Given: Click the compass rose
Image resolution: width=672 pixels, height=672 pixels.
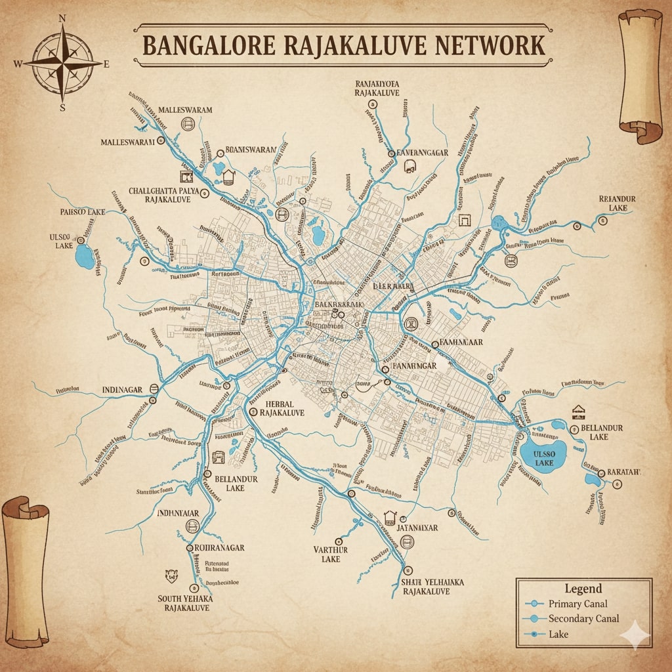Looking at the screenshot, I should tap(62, 63).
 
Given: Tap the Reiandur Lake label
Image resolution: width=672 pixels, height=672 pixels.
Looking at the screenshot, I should tap(618, 203).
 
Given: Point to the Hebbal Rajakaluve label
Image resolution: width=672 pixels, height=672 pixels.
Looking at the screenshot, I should tap(282, 408).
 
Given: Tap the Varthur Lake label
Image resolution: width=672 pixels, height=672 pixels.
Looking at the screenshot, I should tap(331, 554).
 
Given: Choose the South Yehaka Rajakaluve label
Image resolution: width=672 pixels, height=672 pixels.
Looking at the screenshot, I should tap(184, 603).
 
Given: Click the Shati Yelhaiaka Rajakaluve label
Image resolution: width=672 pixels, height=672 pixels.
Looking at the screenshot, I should tap(432, 586).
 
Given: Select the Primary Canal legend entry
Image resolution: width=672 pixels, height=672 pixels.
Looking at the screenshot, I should tap(577, 604).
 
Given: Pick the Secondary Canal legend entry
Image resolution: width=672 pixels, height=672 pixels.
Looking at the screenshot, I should tap(583, 619).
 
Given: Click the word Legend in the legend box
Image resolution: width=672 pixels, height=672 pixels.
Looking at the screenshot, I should tap(583, 589).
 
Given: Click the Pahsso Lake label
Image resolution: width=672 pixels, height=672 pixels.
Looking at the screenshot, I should tap(82, 212).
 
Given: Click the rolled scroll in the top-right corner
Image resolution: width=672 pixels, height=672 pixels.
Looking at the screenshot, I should tap(640, 75).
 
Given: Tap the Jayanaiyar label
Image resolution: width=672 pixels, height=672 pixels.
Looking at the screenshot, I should tap(417, 527).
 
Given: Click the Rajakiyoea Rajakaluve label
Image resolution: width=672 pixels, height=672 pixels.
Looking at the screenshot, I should tap(377, 89).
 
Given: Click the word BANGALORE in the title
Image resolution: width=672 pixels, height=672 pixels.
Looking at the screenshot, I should tap(219, 46).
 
